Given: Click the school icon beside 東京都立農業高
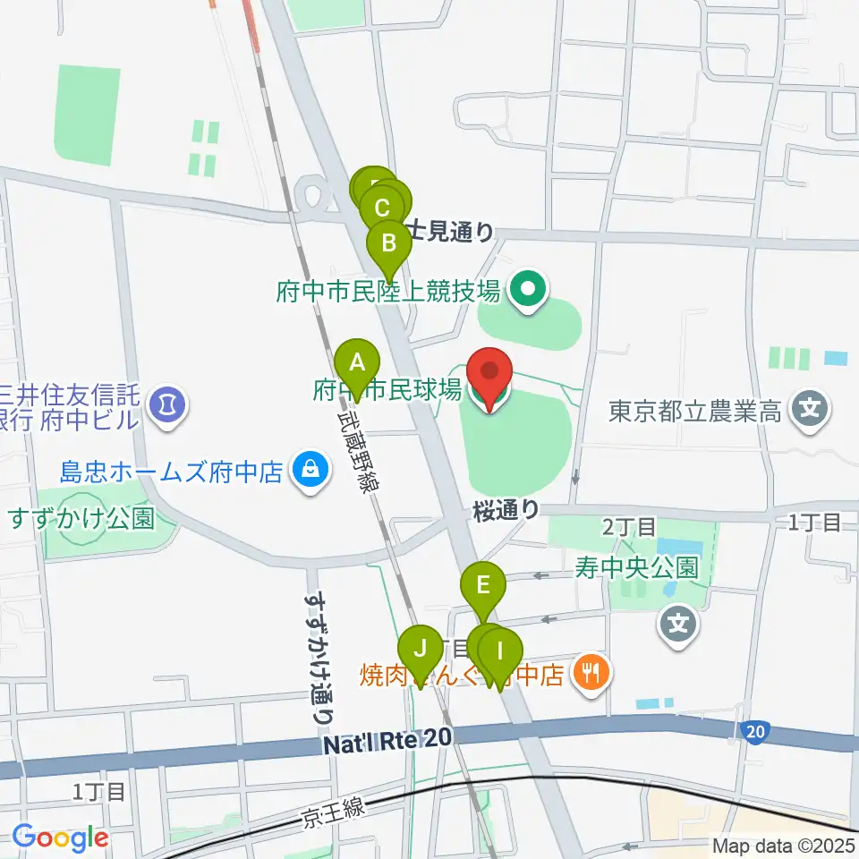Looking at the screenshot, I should coord(811,410).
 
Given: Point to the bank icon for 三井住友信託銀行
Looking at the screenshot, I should coord(167,402).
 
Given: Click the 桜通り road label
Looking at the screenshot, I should coord(506,510).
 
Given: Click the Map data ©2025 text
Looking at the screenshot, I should coord(782,845).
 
